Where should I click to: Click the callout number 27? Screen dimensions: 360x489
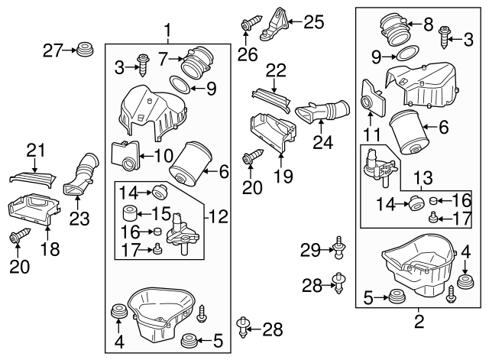[51, 50]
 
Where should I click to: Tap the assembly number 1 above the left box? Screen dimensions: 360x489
[168, 31]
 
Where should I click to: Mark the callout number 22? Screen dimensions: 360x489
[276, 70]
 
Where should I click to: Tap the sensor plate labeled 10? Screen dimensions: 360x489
[128, 155]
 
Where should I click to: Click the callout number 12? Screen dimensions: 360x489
[220, 217]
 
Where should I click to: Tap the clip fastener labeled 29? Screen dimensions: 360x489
[337, 248]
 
